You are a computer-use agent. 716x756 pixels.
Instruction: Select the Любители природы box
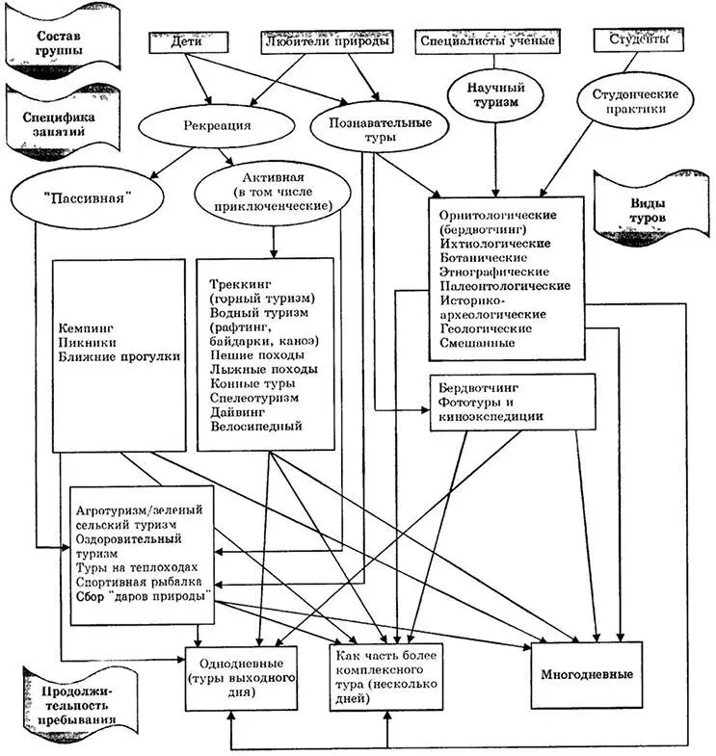click(327, 42)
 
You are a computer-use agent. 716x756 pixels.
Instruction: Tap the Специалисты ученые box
click(486, 41)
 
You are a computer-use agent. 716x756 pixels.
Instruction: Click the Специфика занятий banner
click(61, 118)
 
